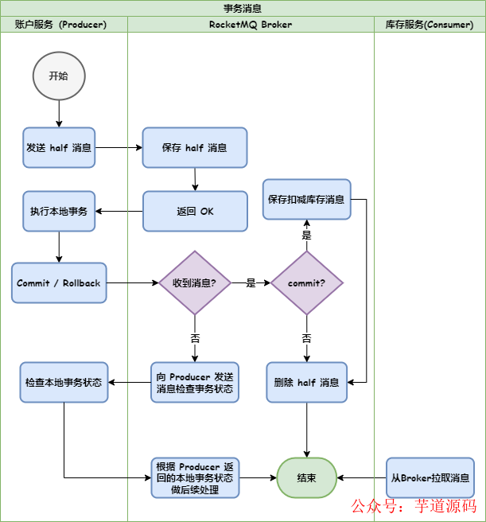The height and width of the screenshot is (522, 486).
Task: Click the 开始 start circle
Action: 59,76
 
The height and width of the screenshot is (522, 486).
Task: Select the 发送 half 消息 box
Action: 59,148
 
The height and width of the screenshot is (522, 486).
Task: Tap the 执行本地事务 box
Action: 59,212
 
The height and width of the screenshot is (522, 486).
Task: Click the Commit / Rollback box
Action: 59,283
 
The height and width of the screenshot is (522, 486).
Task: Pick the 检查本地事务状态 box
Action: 64,383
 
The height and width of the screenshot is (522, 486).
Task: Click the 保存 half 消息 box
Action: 195,148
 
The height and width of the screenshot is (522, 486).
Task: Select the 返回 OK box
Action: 195,212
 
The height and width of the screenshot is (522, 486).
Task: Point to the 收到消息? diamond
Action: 195,283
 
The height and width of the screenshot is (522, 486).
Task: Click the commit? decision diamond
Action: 306,283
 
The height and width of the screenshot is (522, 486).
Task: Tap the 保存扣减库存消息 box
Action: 306,200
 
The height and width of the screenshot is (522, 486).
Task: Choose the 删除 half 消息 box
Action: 306,383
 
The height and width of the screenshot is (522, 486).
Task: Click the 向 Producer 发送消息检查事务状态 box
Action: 195,383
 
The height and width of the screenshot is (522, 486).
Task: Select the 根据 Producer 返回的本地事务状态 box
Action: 195,478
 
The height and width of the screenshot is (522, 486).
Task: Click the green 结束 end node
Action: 306,478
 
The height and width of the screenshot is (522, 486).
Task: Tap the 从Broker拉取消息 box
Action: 430,478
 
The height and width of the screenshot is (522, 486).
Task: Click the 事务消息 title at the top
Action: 243,8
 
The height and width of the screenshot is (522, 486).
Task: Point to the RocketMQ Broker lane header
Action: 251,25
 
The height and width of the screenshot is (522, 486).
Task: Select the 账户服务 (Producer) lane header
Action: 64,25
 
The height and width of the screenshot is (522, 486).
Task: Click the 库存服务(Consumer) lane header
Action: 430,25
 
